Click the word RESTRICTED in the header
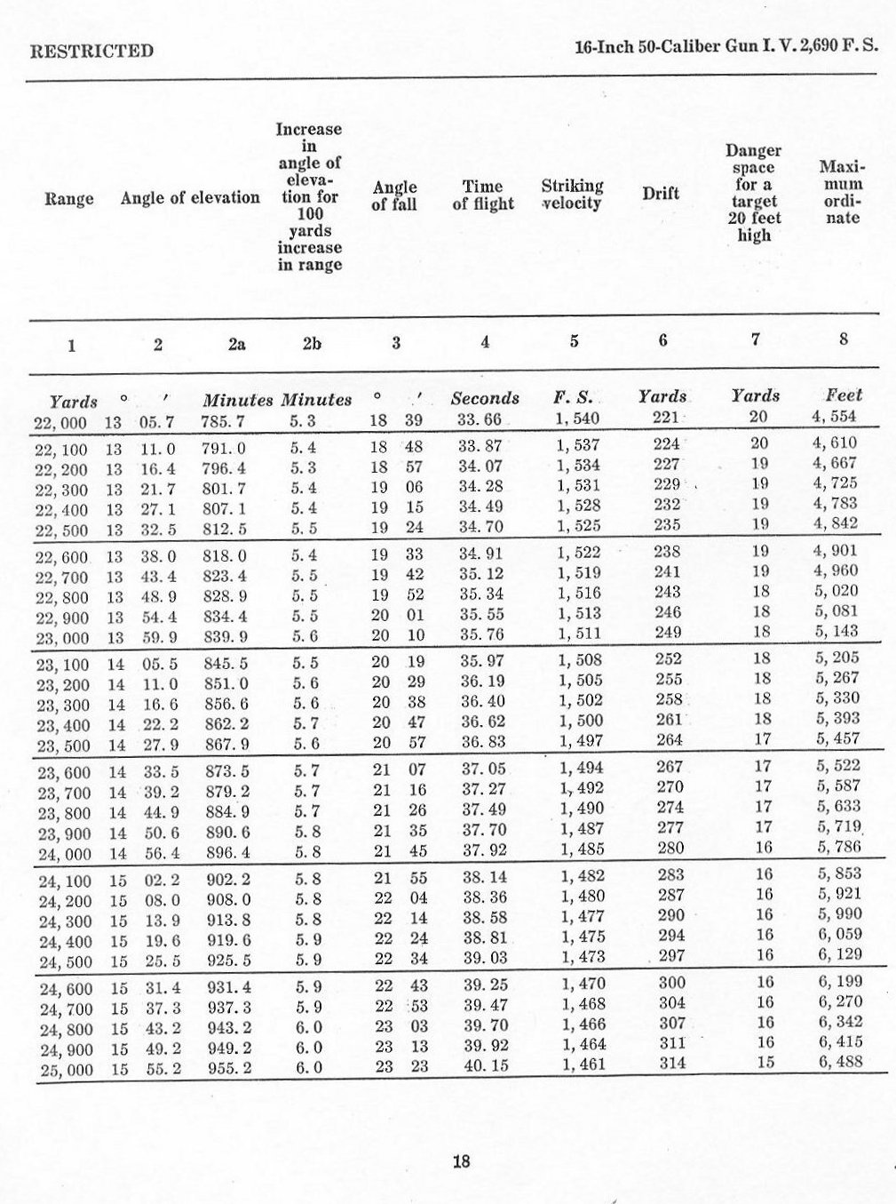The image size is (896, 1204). tap(91, 51)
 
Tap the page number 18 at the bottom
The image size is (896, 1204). tap(461, 1160)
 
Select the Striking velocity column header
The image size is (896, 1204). tap(572, 195)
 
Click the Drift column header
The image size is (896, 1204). tap(661, 194)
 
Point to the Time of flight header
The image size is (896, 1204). tap(483, 195)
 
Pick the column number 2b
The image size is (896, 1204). tap(311, 343)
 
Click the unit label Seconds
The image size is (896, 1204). tap(485, 398)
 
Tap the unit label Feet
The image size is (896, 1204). tap(843, 395)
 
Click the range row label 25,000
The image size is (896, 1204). tap(66, 1070)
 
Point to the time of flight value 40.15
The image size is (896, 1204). tap(486, 1064)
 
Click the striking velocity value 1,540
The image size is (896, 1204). tap(578, 419)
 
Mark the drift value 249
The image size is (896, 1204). tap(667, 632)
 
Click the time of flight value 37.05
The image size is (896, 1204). tap(483, 768)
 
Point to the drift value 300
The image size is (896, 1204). tap(672, 982)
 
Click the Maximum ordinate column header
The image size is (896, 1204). tap(842, 192)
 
